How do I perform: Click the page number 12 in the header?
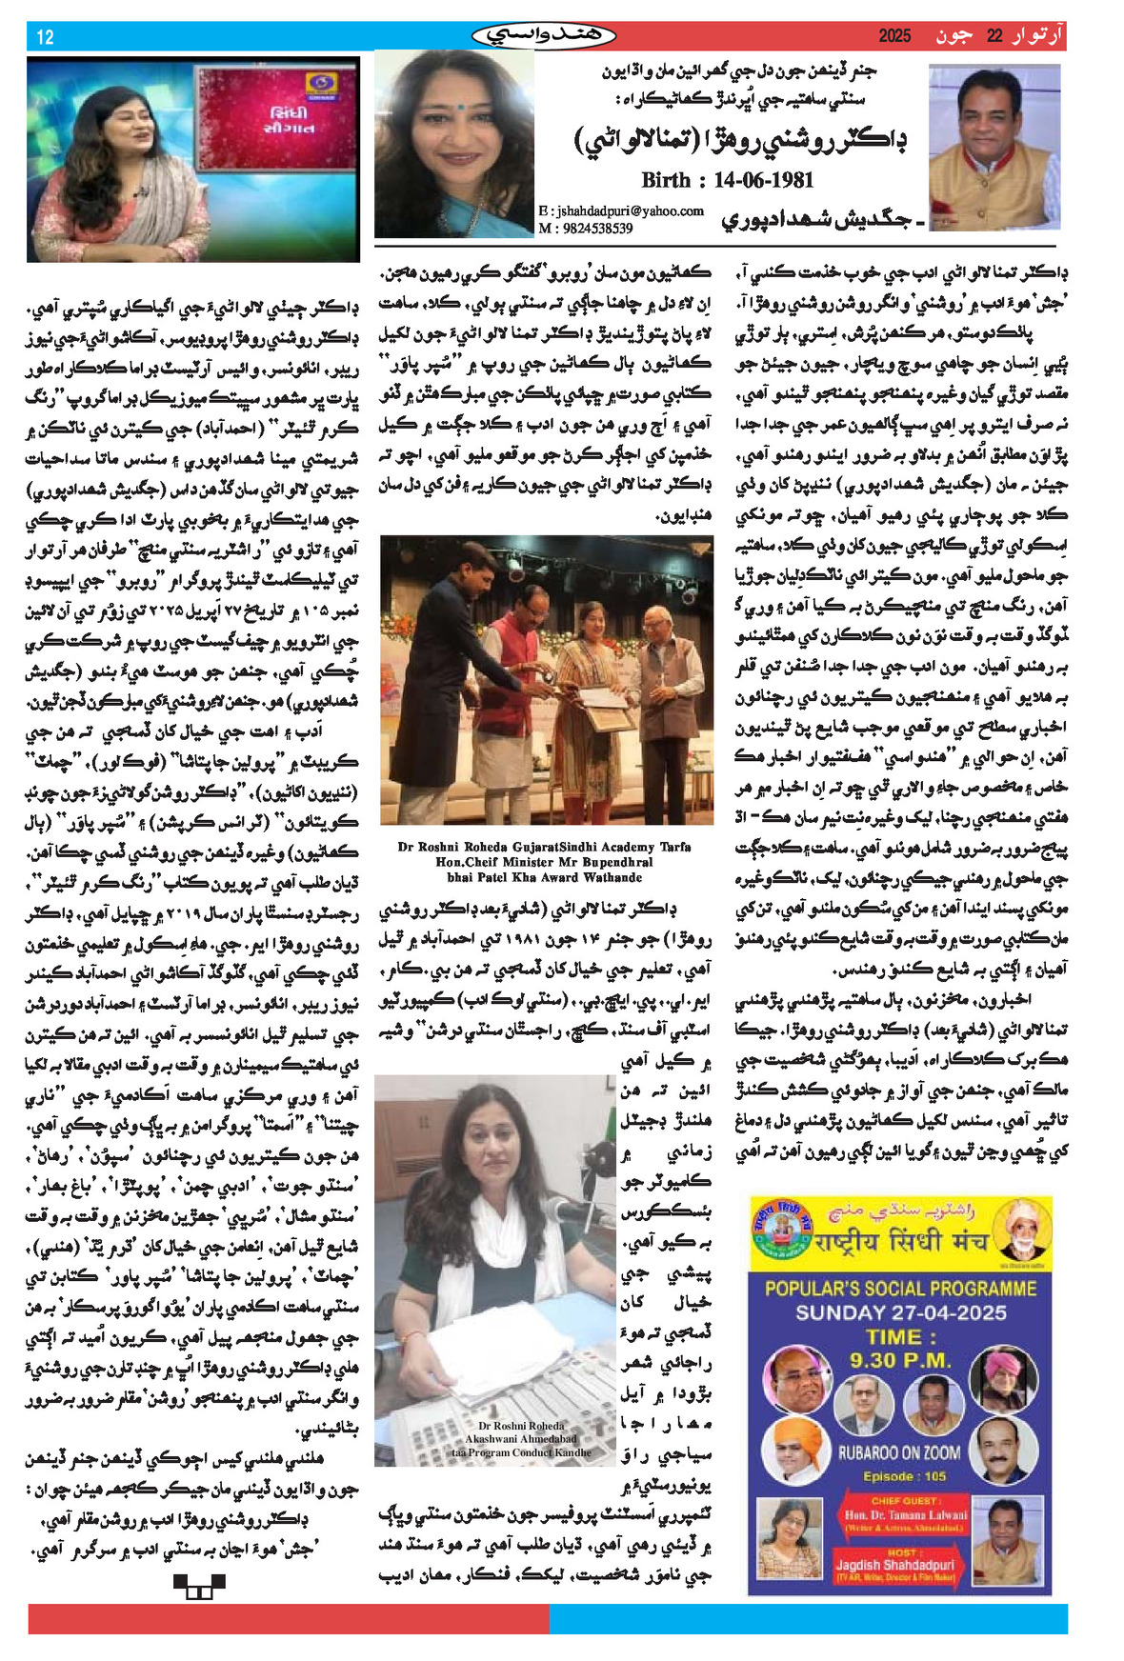coord(45,37)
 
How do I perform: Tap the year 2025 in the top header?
coord(894,36)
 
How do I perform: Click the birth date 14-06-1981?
coord(727,180)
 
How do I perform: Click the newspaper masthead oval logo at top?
coord(544,36)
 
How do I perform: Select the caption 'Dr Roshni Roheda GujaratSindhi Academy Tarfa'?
coord(544,847)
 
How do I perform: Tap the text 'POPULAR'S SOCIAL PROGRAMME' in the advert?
coord(900,1289)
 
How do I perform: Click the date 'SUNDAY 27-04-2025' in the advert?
coord(901,1312)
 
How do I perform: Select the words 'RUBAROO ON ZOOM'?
coord(899,1452)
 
